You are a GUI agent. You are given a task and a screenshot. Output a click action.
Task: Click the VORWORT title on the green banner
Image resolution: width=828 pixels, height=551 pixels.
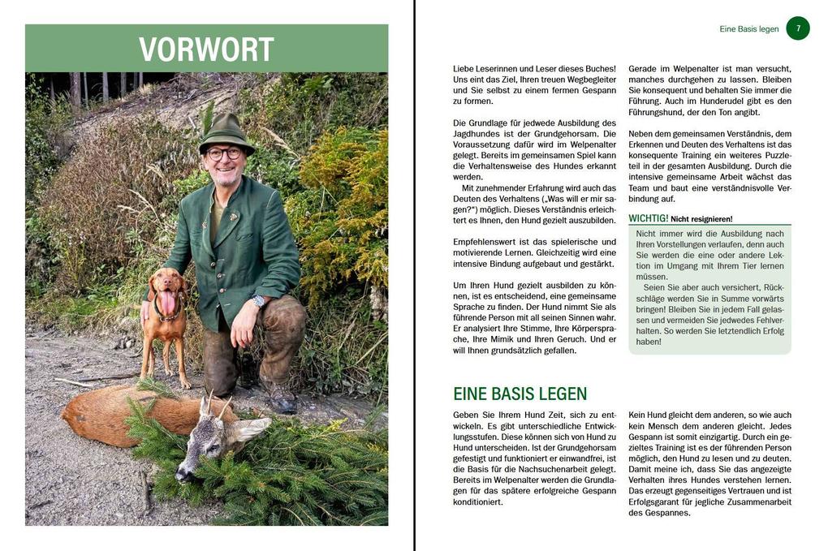coord(206,50)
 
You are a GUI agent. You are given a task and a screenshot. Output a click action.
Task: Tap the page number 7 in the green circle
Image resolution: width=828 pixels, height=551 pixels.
coord(798,28)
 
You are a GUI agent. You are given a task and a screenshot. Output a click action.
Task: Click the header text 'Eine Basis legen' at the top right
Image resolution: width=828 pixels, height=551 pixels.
coord(748,29)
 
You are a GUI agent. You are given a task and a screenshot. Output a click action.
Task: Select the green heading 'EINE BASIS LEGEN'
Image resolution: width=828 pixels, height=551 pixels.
coord(520,394)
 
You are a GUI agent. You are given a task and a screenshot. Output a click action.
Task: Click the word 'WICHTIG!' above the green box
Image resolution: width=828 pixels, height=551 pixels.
coord(648,218)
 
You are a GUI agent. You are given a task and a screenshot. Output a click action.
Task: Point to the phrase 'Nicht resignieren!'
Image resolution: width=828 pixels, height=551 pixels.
coord(701,219)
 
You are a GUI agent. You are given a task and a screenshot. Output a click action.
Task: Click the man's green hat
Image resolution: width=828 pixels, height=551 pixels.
coord(226,130)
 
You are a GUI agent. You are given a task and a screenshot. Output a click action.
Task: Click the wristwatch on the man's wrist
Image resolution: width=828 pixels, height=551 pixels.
coord(258,301)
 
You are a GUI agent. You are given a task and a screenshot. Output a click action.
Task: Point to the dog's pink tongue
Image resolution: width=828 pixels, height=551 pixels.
coord(168,303)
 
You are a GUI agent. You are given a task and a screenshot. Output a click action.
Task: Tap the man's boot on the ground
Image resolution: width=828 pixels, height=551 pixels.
coord(280,398)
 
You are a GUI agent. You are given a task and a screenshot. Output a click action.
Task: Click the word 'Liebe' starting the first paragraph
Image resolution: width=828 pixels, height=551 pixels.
coord(464,69)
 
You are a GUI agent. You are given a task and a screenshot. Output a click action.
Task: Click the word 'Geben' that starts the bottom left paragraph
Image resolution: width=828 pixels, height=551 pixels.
coord(467,415)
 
